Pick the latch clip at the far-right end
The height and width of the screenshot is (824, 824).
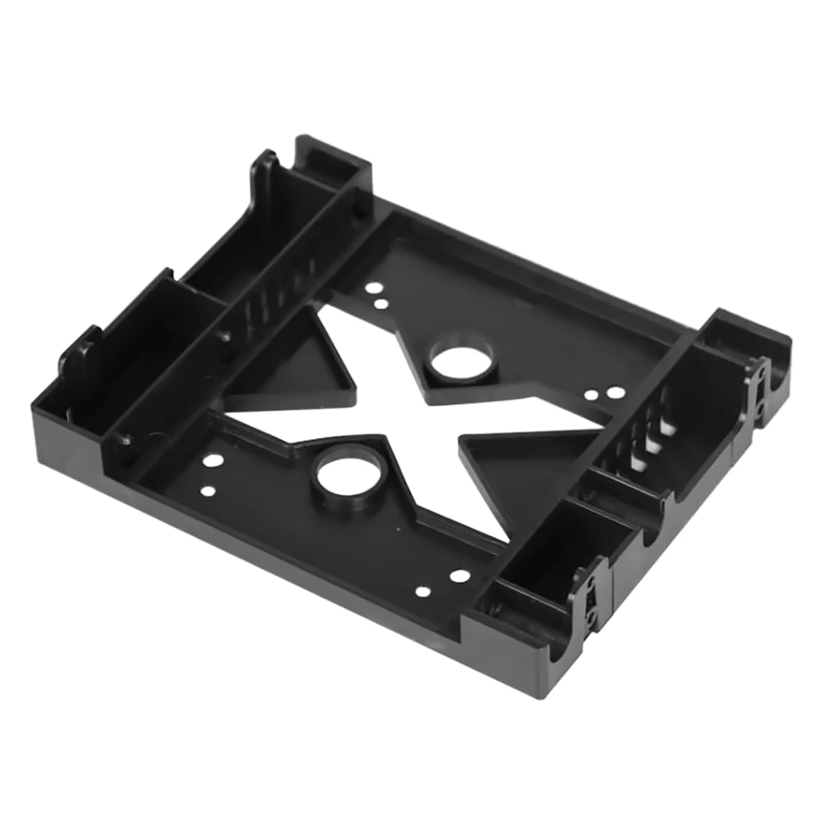click(x=754, y=383)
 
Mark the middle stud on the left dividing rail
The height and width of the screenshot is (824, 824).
click(x=222, y=336)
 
